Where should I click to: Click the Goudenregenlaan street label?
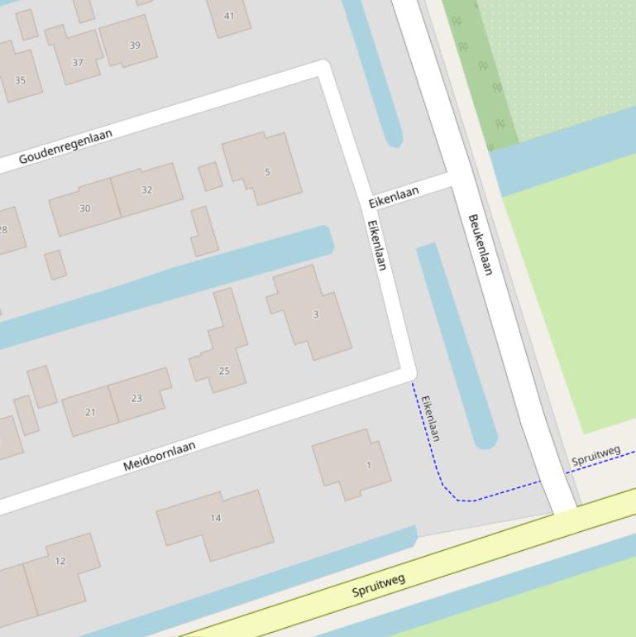pyautogui.click(x=65, y=146)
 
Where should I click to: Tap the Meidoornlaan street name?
pyautogui.click(x=160, y=456)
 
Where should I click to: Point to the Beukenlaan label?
pyautogui.click(x=481, y=244)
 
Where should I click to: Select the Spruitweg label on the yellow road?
pyautogui.click(x=379, y=586)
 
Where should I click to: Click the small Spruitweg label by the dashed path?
pyautogui.click(x=595, y=455)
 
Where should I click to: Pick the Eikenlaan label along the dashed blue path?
pyautogui.click(x=430, y=418)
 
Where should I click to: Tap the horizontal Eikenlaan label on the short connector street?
pyautogui.click(x=394, y=197)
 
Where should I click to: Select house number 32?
pyautogui.click(x=146, y=189)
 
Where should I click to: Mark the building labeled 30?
pyautogui.click(x=84, y=208)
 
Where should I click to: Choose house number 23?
pyautogui.click(x=136, y=398)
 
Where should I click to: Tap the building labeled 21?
pyautogui.click(x=90, y=412)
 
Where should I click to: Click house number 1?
pyautogui.click(x=368, y=465)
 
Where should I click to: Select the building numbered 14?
pyautogui.click(x=216, y=519)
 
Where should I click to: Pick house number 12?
pyautogui.click(x=60, y=561)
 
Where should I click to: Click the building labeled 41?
pyautogui.click(x=229, y=16)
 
